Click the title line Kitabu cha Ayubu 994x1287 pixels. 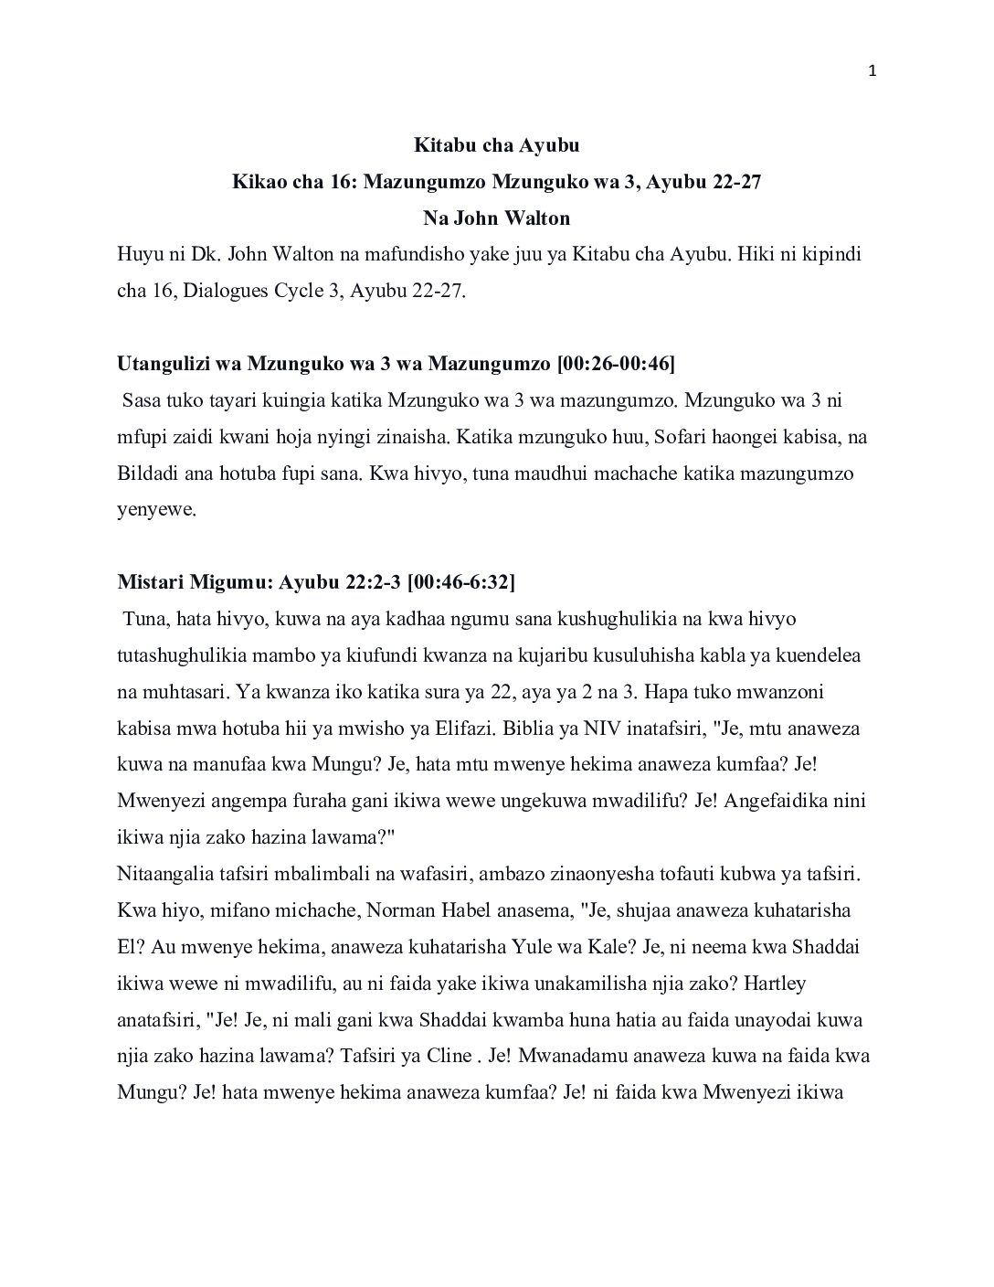(496, 145)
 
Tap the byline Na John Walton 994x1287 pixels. (496, 218)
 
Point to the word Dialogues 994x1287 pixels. (218, 292)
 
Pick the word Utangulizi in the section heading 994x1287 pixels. (160, 365)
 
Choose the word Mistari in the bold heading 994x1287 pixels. (150, 582)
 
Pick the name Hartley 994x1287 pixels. (775, 984)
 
